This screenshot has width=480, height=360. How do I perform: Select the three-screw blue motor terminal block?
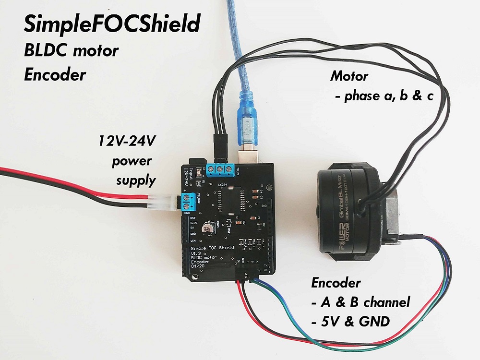click(x=221, y=169)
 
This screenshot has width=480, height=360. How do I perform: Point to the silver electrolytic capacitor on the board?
click(x=209, y=228)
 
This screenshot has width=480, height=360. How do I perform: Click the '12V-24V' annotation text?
click(x=127, y=141)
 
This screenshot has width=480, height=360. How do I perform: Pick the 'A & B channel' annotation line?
click(x=360, y=303)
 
